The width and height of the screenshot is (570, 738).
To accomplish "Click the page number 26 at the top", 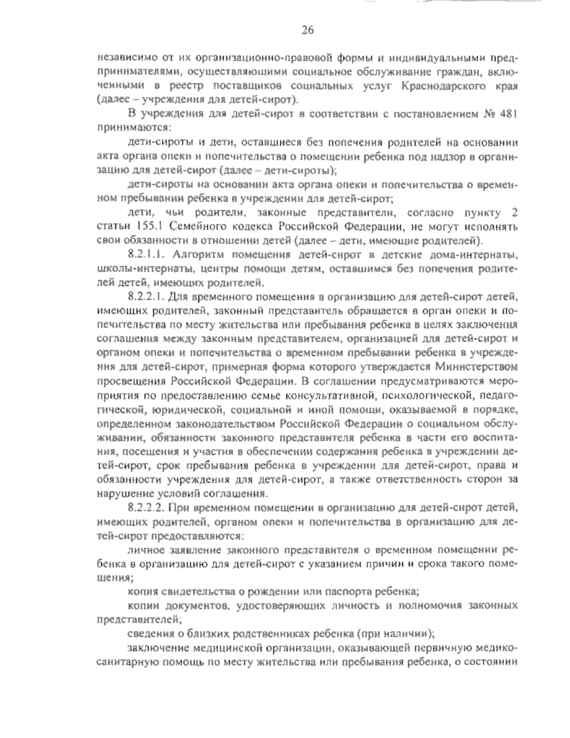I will [x=307, y=31].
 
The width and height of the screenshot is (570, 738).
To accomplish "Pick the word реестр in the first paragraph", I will [x=184, y=86].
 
